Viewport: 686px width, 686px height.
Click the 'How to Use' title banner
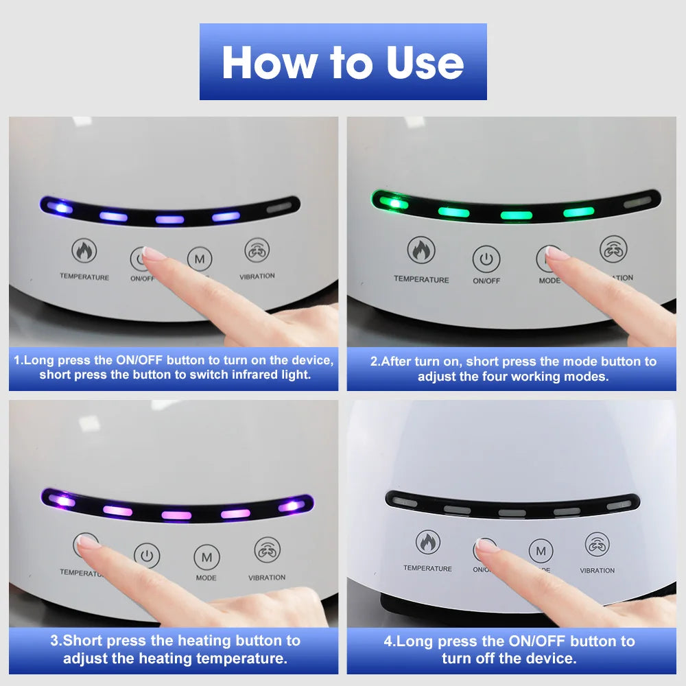343,62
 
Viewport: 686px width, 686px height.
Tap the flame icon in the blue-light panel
84,251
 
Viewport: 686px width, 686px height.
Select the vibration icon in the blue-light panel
257,251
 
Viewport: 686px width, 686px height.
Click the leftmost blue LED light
58,206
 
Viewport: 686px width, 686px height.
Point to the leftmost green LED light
389,203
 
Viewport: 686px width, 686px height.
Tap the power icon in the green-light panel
486,259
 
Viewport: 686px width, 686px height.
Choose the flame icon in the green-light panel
421,250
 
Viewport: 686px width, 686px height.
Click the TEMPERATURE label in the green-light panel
421,279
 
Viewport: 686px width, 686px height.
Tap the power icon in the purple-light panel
147,556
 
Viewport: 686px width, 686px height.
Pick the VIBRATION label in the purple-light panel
267,578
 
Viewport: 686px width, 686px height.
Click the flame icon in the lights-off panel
428,543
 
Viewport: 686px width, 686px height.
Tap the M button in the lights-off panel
541,551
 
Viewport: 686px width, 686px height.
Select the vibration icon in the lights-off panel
597,544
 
